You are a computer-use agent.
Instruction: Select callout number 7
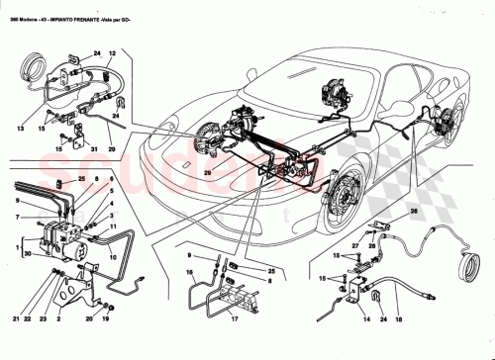coord(19,216)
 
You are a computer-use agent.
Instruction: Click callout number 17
coord(235,319)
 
